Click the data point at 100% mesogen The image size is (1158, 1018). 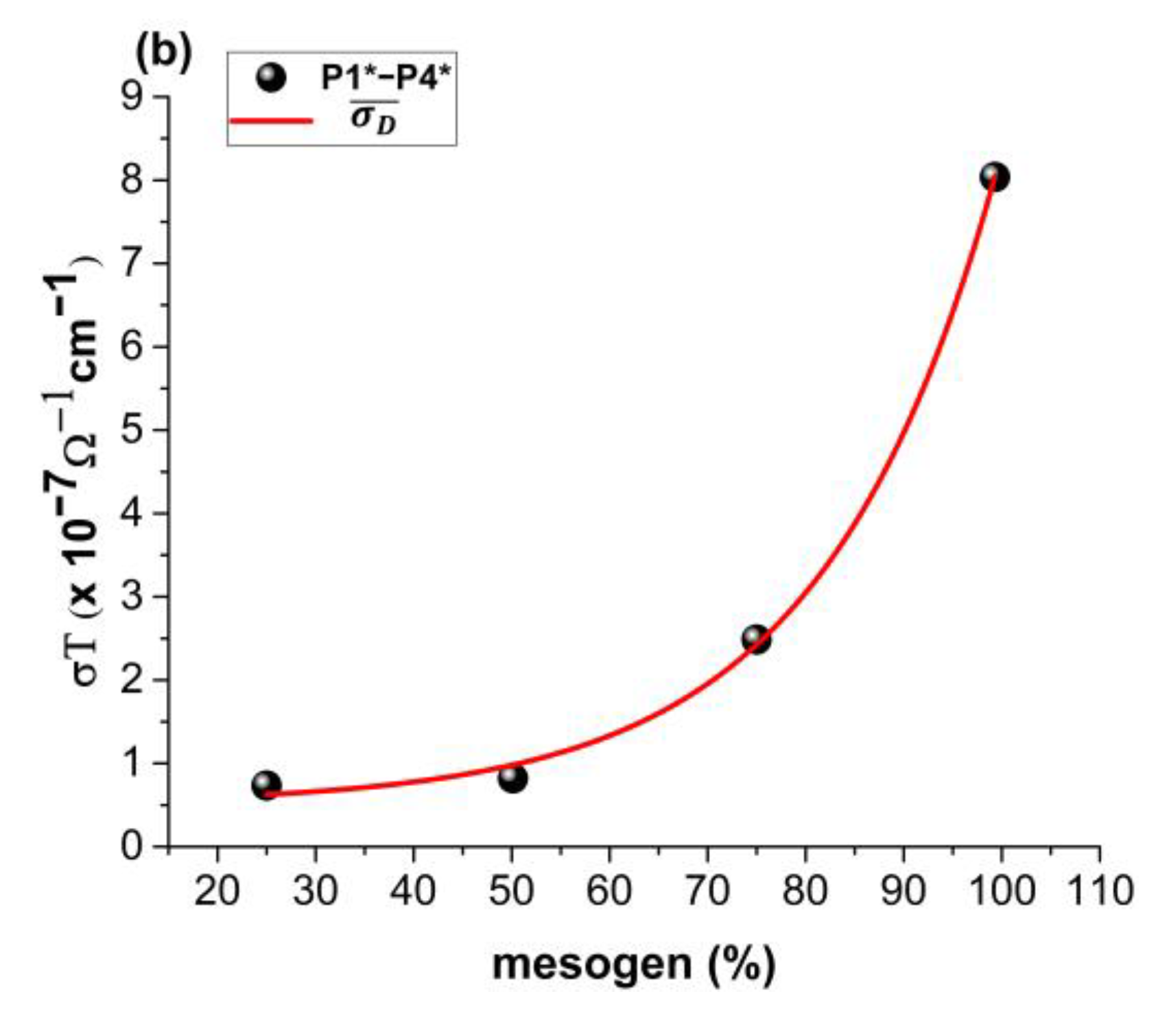tap(994, 177)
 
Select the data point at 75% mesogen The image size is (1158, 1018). tap(755, 639)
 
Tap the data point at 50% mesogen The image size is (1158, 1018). tap(512, 778)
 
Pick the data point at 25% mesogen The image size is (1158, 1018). tap(266, 785)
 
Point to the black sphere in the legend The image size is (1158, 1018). tap(272, 78)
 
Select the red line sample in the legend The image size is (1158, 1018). tap(272, 121)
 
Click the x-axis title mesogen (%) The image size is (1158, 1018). tap(634, 964)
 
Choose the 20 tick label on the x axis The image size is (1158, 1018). tap(217, 891)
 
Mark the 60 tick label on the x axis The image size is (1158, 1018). tap(608, 891)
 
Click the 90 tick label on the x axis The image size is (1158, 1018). tap(903, 891)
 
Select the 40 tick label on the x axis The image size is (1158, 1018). tap(413, 891)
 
